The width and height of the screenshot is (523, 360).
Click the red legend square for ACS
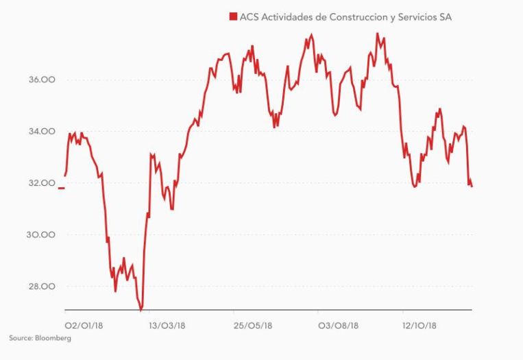[x=233, y=16]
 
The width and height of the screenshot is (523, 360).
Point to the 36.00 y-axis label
[x=42, y=80]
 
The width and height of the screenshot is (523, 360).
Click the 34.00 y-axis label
[x=42, y=132]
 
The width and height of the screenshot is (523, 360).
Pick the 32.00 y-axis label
[x=42, y=183]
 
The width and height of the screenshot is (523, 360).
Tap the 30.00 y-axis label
[x=42, y=235]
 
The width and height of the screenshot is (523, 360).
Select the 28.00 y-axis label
[x=42, y=287]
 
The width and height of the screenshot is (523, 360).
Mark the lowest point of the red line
[x=141, y=311]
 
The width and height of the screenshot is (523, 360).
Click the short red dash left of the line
[x=61, y=188]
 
